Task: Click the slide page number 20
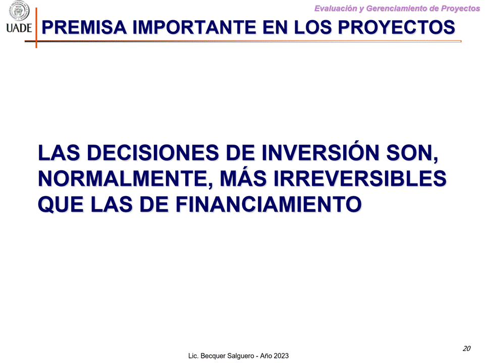tap(466, 348)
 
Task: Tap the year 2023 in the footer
tap(280, 356)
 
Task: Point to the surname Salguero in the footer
tap(239, 356)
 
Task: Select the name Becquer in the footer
tap(211, 356)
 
